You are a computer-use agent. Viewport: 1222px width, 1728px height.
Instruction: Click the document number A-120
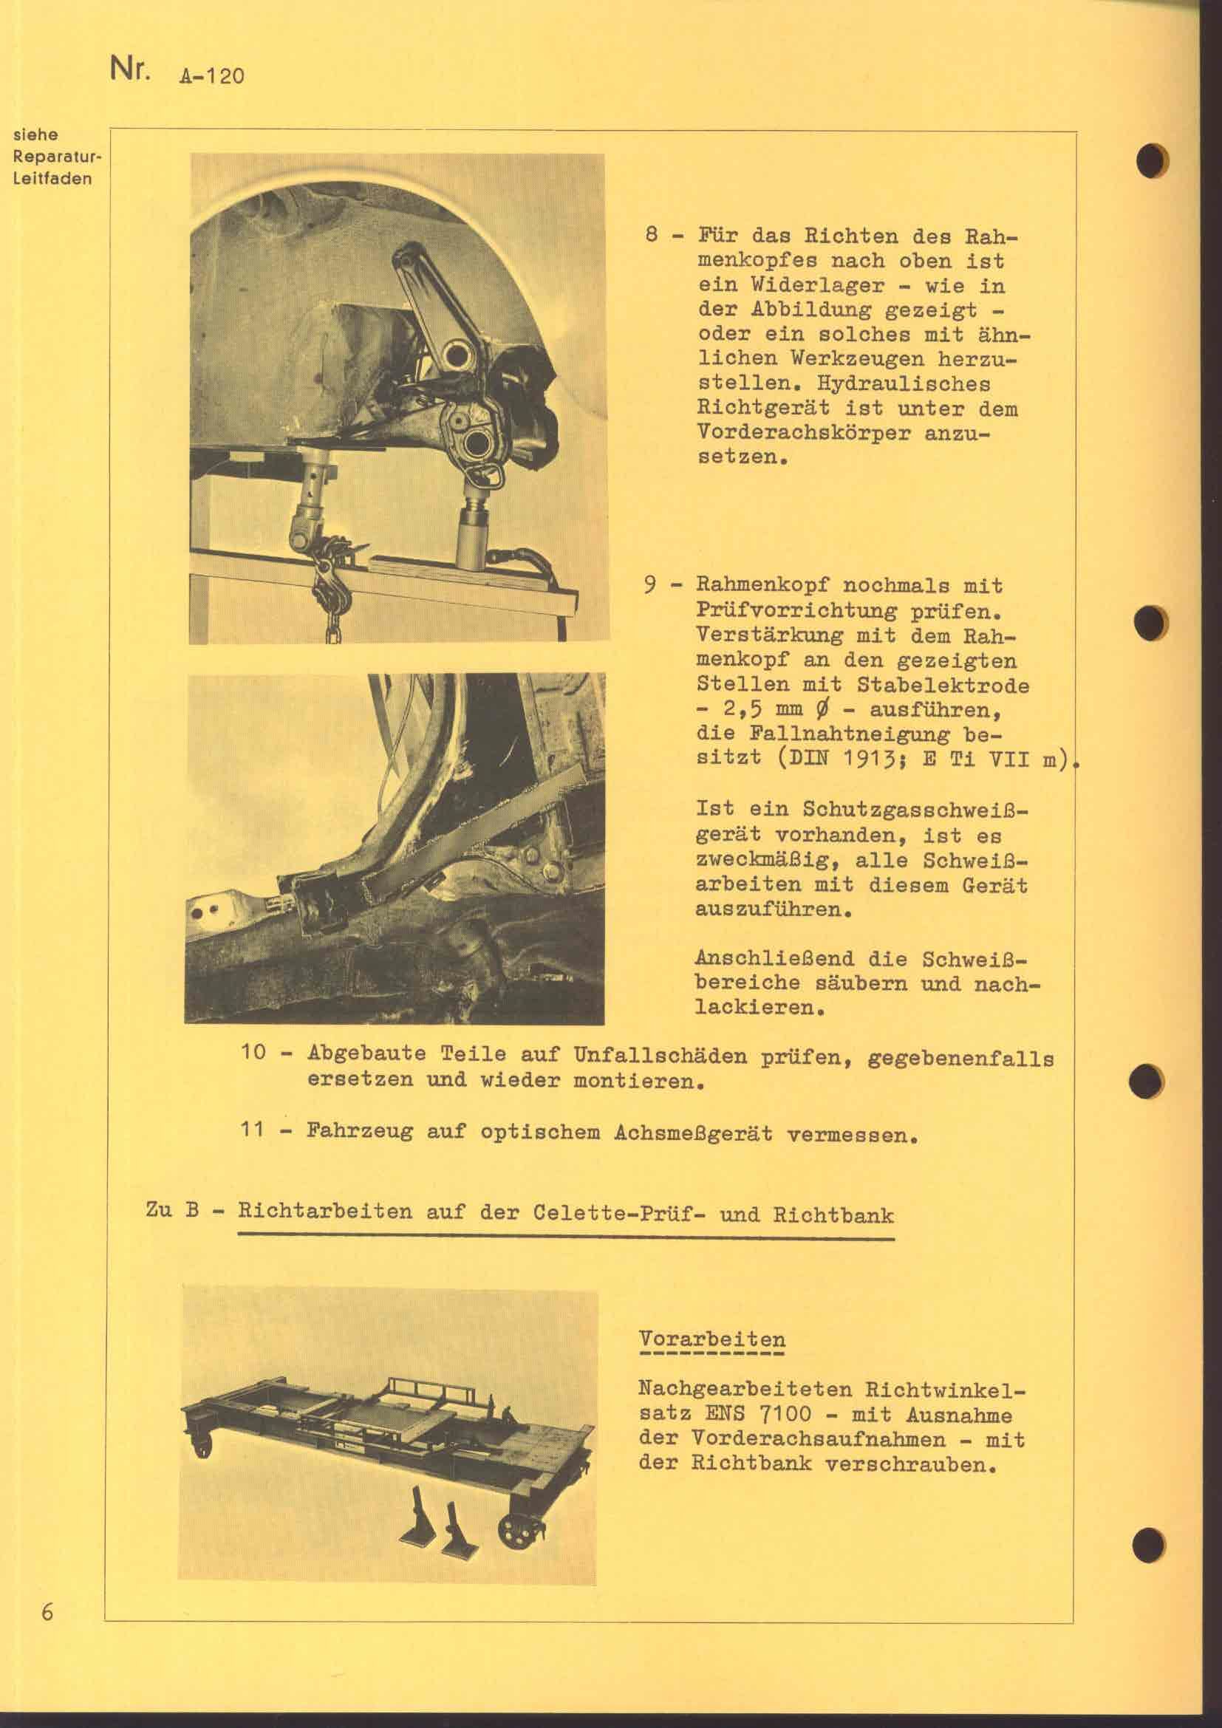pos(211,75)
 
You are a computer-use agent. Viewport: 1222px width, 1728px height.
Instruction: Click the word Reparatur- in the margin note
pos(57,157)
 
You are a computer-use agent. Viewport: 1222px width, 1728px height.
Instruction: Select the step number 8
pos(652,236)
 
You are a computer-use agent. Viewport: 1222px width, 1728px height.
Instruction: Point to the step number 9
pos(652,586)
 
